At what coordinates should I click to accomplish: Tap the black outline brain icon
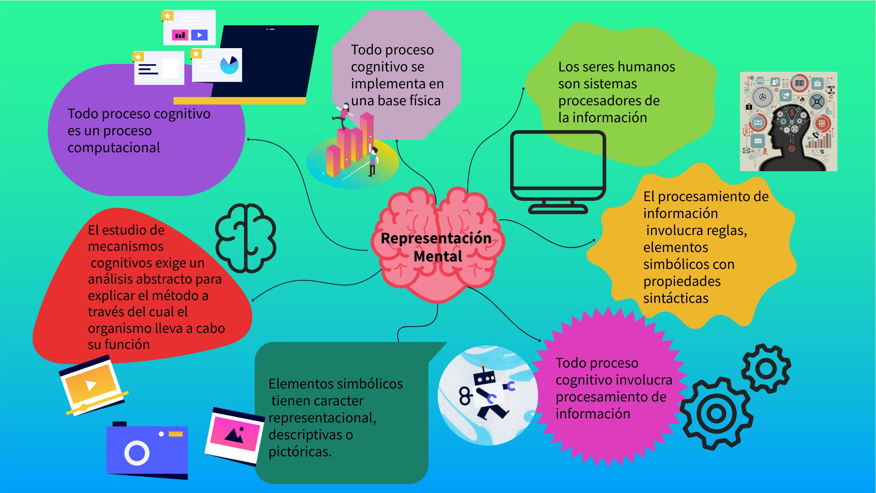point(246,238)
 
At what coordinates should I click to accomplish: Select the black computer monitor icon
point(558,172)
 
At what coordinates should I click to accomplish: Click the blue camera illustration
point(147,450)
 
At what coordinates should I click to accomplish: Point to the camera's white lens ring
point(137,453)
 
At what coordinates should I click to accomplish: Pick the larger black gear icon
point(716,413)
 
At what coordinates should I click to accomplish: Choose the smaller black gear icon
point(766,368)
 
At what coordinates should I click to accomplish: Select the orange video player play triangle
point(91,385)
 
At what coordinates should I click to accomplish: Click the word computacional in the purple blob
point(114,148)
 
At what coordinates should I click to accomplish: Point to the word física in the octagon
point(424,101)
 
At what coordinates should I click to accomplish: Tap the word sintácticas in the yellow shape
point(676,299)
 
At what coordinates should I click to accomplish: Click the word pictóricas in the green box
point(300,452)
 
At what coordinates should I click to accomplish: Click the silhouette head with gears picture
point(788,121)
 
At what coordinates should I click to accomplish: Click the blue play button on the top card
point(199,35)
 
